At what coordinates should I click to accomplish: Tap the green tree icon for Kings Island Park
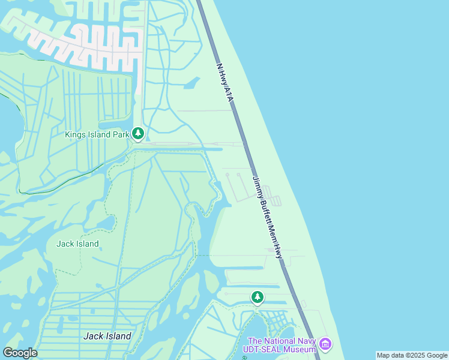[138, 133]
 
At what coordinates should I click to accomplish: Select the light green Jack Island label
[77, 244]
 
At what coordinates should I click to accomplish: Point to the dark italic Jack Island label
[107, 336]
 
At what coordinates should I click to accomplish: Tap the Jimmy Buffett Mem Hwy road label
[267, 217]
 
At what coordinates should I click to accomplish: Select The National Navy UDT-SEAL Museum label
[280, 345]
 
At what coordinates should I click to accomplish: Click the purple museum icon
[325, 344]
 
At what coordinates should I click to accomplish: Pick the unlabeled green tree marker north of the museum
[258, 296]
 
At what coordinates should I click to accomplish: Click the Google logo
[20, 353]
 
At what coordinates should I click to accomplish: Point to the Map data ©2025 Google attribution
[412, 355]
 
